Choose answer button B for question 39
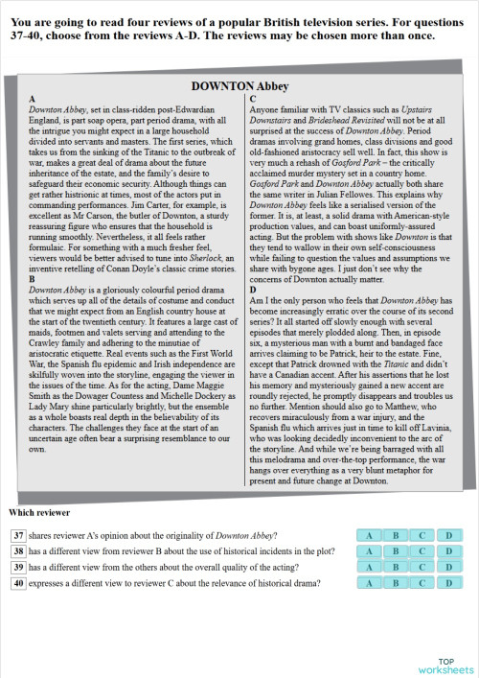pyautogui.click(x=396, y=567)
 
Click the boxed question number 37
pyautogui.click(x=18, y=535)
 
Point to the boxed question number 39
pyautogui.click(x=18, y=567)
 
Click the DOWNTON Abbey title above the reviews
pyautogui.click(x=239, y=86)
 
